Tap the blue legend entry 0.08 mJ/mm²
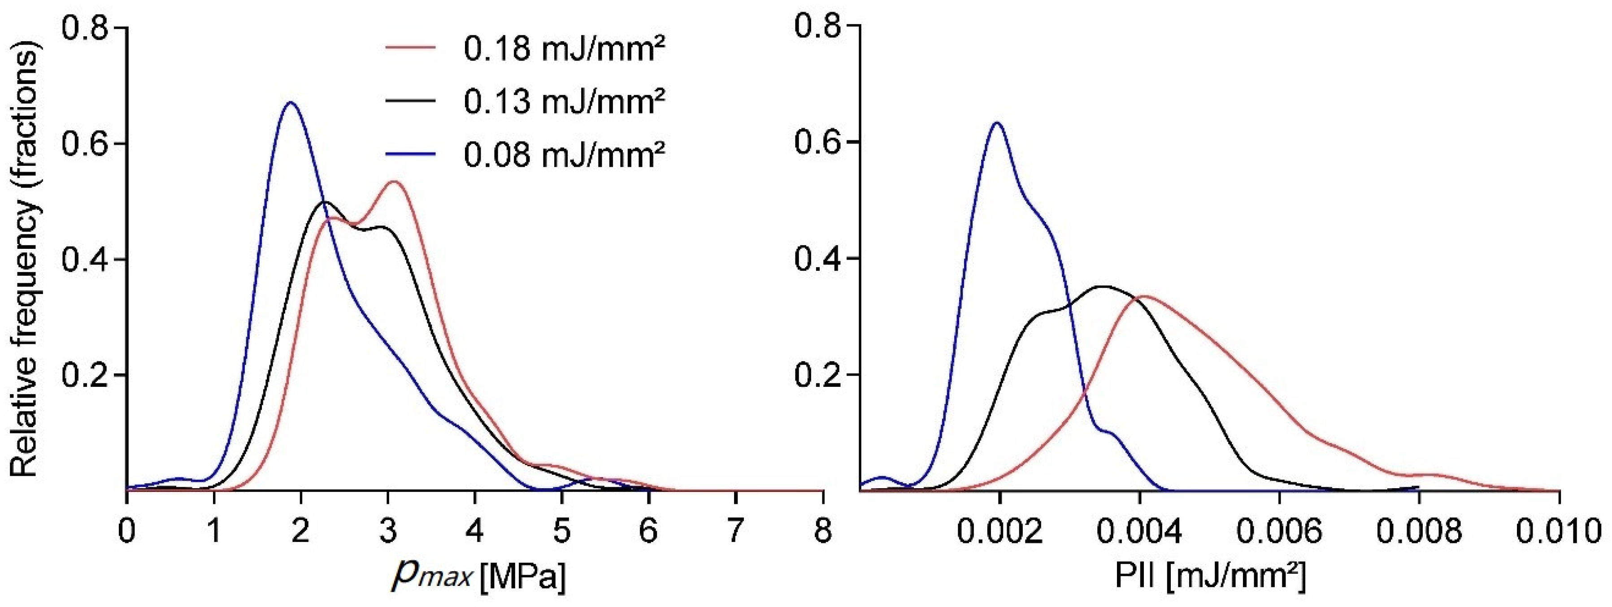(564, 154)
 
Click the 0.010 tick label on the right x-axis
(1559, 531)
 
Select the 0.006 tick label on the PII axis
(1279, 531)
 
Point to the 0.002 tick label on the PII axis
(1000, 531)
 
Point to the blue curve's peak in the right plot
(998, 123)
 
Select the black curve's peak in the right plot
(1103, 286)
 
